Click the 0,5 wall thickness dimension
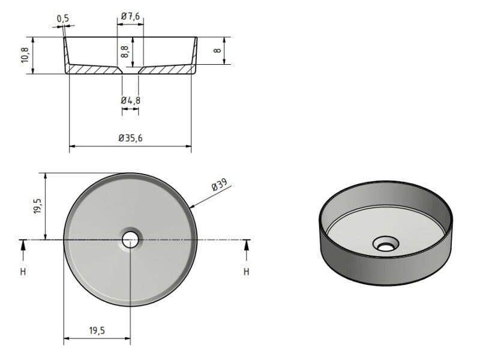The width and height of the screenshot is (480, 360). (63, 19)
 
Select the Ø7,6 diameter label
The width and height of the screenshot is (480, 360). (130, 17)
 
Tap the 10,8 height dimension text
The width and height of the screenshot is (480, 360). (25, 55)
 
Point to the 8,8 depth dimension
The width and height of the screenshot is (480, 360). (124, 51)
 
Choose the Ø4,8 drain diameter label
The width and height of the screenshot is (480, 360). (130, 100)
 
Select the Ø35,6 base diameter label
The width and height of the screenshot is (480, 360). (130, 138)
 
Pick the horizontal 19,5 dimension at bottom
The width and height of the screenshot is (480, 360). (98, 331)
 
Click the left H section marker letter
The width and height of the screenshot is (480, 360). (23, 272)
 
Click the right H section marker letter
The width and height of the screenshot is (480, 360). (246, 272)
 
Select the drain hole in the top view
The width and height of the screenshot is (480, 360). (130, 240)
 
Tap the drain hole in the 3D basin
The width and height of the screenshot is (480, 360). (385, 244)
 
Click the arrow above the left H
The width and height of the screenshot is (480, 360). (23, 244)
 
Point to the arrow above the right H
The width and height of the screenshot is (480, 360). (246, 244)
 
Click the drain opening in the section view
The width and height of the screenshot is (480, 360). (130, 70)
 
